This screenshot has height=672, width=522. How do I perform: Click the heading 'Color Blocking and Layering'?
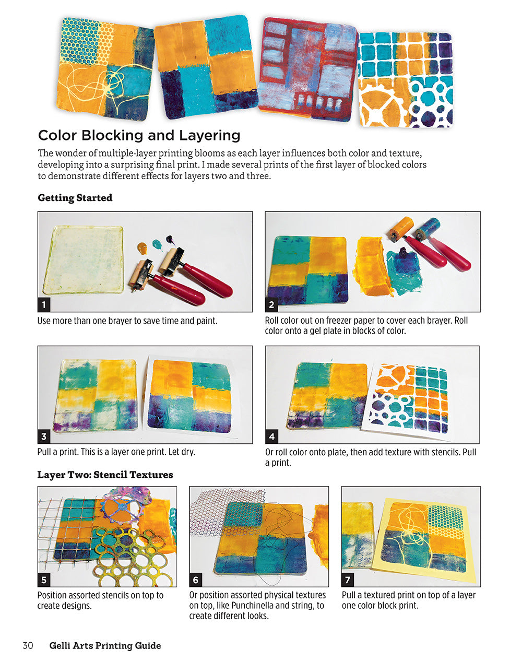point(139,135)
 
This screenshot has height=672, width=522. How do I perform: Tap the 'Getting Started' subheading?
point(75,198)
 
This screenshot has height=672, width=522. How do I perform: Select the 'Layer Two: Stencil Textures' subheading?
point(105,475)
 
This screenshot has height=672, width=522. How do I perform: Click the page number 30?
point(28,646)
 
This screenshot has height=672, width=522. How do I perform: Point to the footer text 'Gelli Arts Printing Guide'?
point(105,646)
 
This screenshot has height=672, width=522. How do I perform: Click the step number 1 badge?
point(44,305)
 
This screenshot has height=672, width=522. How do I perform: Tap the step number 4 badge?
point(272,437)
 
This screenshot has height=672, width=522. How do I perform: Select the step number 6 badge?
point(196,580)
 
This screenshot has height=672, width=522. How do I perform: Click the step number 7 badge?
point(348,580)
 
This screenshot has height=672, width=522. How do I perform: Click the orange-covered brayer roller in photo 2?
point(402,228)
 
